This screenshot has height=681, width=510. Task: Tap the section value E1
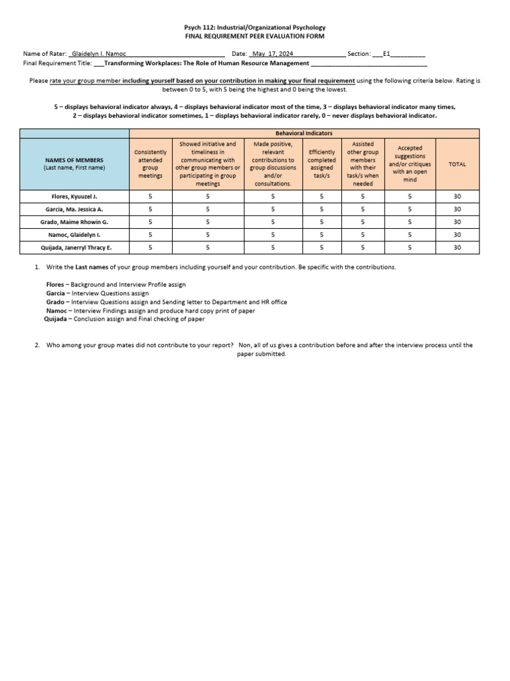pyautogui.click(x=388, y=53)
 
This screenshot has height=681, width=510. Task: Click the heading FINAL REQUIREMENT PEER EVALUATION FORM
pyautogui.click(x=254, y=36)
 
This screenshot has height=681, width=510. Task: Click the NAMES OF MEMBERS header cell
pyautogui.click(x=74, y=164)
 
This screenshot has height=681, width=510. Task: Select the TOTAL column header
pyautogui.click(x=457, y=164)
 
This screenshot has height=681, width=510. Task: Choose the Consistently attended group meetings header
pyautogui.click(x=150, y=164)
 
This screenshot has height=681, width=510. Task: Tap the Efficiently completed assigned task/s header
pyautogui.click(x=321, y=164)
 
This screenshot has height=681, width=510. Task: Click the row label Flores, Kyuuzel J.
pyautogui.click(x=74, y=197)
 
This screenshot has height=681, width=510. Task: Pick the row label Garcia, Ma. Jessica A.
pyautogui.click(x=74, y=209)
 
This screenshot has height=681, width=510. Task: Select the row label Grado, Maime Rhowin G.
pyautogui.click(x=74, y=222)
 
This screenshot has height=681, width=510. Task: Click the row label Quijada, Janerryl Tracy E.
pyautogui.click(x=74, y=247)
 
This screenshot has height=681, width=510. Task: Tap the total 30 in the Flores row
pyautogui.click(x=457, y=197)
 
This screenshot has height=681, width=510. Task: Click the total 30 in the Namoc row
pyautogui.click(x=457, y=235)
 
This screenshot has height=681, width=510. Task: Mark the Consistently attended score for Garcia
pyautogui.click(x=150, y=209)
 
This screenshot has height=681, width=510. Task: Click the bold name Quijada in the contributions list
pyautogui.click(x=55, y=319)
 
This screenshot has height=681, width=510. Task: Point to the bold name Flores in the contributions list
pyautogui.click(x=55, y=284)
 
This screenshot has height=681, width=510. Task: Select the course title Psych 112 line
pyautogui.click(x=254, y=27)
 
